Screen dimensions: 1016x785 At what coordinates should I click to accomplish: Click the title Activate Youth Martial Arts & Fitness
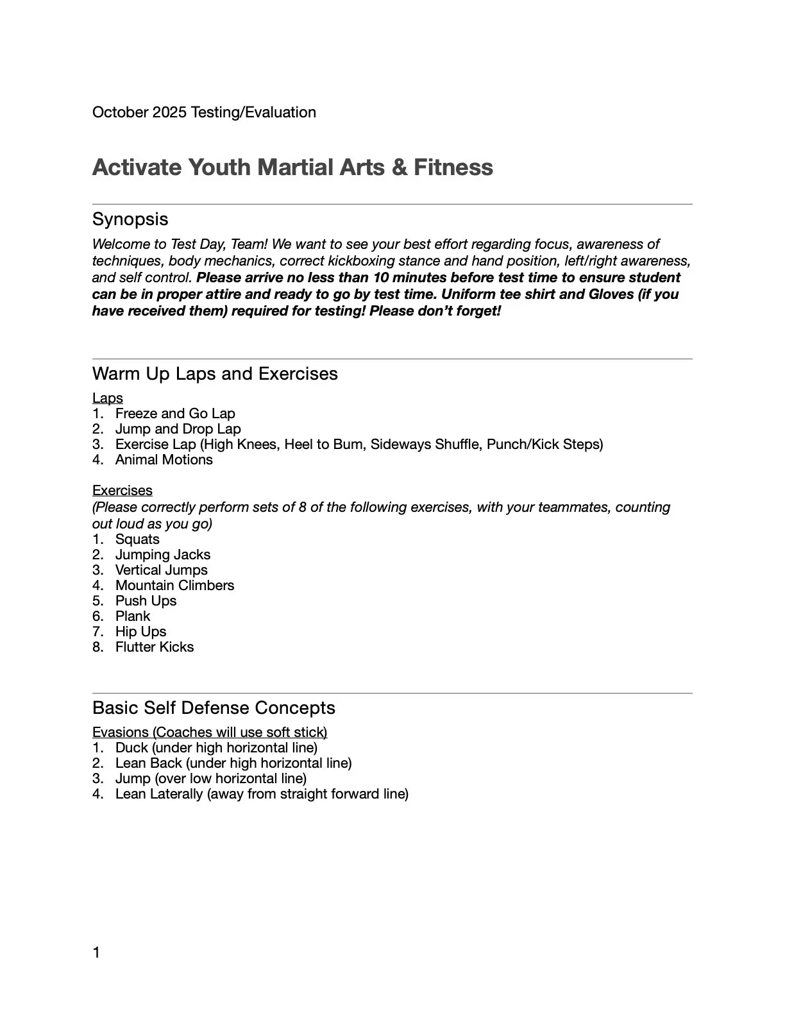292,167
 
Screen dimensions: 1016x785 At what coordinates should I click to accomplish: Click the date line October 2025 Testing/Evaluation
204,112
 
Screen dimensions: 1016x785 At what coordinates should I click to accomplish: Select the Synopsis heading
130,219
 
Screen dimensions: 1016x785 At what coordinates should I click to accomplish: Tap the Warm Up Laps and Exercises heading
215,374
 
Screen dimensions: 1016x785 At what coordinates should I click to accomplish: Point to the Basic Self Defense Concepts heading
214,708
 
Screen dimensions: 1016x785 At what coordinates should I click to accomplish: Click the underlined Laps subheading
108,398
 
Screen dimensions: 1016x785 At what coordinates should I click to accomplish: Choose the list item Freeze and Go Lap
175,414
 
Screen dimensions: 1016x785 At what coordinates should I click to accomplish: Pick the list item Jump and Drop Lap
178,429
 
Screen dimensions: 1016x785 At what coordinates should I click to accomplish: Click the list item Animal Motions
164,460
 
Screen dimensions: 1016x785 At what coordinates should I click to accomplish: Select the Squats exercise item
137,539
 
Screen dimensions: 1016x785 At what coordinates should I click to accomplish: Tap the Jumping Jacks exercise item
163,555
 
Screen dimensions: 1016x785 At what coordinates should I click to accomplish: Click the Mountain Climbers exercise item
174,586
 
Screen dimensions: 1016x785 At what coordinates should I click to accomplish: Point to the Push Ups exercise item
146,601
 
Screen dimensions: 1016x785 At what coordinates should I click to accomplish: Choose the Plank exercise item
133,616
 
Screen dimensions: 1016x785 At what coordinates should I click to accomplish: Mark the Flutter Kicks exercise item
155,647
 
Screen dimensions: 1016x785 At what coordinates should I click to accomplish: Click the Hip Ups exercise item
140,632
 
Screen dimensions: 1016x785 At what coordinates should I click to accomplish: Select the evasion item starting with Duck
216,748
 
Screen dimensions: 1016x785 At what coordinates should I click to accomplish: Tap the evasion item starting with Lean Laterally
262,794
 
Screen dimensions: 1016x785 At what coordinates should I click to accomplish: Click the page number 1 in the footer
96,953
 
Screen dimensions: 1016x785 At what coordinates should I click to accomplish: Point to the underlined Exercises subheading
122,491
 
